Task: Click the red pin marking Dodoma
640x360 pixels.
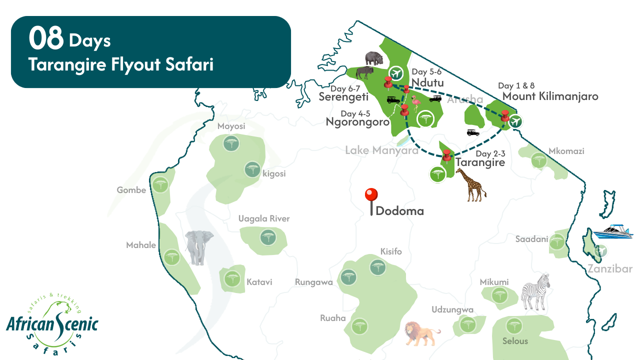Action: [x=371, y=195]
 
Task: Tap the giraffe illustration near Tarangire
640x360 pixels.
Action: [x=470, y=184]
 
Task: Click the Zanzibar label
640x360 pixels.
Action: [x=610, y=269]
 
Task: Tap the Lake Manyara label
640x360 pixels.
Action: [x=381, y=150]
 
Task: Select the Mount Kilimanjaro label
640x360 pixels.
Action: [x=550, y=96]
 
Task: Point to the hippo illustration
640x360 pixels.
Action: [x=374, y=58]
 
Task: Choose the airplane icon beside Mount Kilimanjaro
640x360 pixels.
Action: [x=516, y=121]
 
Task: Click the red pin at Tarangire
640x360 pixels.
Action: [x=447, y=154]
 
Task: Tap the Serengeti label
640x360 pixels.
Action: [x=343, y=97]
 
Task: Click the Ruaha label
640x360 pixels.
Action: [x=333, y=318]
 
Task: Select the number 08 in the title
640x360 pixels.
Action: [x=46, y=39]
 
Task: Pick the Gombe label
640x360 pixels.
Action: [x=131, y=190]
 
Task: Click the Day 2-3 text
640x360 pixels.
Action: [x=490, y=153]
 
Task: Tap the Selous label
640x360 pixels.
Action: [x=515, y=341]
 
